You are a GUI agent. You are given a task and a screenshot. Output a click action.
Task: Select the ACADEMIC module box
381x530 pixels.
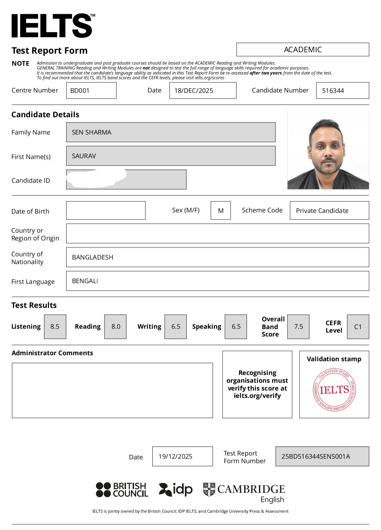(x=302, y=50)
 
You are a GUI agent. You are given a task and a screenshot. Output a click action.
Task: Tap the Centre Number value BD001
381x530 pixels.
(x=80, y=91)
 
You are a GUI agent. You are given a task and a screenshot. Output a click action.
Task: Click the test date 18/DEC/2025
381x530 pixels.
(x=194, y=91)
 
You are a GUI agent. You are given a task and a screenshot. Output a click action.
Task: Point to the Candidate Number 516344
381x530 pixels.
(x=333, y=91)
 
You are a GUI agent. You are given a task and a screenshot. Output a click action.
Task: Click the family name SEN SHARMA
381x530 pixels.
(x=92, y=132)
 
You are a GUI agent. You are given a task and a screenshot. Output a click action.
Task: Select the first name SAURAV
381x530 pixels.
(x=84, y=156)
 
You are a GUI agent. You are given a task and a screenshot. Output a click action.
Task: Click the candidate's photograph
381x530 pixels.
(x=328, y=150)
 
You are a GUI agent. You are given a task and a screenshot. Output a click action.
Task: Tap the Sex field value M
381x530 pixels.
(x=220, y=211)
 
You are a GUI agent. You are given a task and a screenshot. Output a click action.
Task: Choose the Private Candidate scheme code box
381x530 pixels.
(x=322, y=211)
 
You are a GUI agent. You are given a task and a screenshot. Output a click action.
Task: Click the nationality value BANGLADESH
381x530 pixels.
(x=92, y=257)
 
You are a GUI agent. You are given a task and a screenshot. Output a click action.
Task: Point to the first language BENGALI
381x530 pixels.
(x=85, y=281)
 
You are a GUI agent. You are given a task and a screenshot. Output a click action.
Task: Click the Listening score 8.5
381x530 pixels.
(x=55, y=327)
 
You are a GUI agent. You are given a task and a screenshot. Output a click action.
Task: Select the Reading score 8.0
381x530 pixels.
(x=116, y=327)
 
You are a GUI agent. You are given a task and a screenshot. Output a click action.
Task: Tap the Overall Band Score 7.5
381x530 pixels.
(x=298, y=327)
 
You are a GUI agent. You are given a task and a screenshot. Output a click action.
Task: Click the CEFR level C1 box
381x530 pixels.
(x=358, y=327)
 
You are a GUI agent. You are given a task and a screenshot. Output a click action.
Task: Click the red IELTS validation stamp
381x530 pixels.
(x=334, y=390)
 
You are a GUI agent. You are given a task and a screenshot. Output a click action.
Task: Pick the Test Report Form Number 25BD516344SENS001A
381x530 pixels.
(x=316, y=456)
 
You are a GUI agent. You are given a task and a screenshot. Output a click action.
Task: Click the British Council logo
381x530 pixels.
(x=122, y=490)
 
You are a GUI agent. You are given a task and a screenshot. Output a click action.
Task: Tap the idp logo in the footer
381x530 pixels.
(x=176, y=489)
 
